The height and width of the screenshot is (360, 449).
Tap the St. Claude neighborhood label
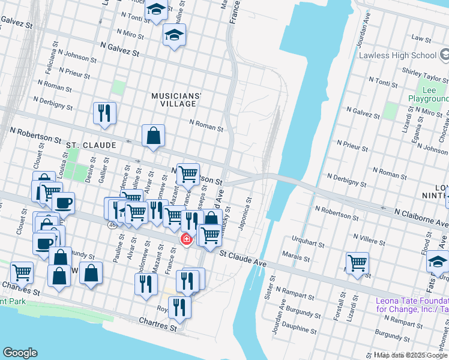[90, 145]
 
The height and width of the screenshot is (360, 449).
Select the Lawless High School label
[397, 56]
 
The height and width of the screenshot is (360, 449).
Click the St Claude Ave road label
[243, 258]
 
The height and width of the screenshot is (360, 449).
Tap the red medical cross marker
[187, 240]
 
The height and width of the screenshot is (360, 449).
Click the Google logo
[20, 353]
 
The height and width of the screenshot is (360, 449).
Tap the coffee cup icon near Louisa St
[63, 202]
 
